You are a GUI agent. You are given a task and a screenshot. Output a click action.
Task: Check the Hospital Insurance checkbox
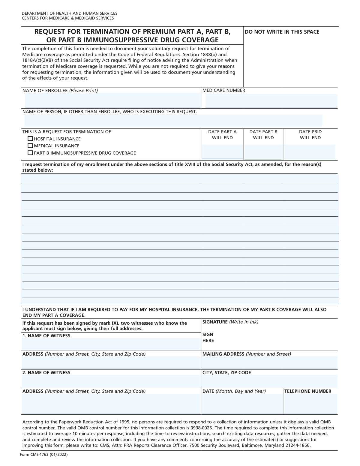pyautogui.click(x=30, y=139)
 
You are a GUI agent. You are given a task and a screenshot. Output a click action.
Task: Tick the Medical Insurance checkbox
pyautogui.click(x=30, y=146)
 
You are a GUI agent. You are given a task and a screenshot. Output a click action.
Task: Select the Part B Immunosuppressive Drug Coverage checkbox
pyautogui.click(x=30, y=153)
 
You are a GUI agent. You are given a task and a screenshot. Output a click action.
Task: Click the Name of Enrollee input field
pyautogui.click(x=112, y=100)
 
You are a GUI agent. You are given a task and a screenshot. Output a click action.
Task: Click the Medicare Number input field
pyautogui.click(x=271, y=101)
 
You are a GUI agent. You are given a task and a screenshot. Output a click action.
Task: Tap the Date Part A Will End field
pyautogui.click(x=222, y=152)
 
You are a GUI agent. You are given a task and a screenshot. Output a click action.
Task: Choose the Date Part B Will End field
pyautogui.click(x=263, y=152)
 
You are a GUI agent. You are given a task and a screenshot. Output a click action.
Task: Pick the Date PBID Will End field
pyautogui.click(x=309, y=152)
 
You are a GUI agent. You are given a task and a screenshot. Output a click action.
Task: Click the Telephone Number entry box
pyautogui.click(x=310, y=404)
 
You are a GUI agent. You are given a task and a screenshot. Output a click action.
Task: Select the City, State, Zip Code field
pyautogui.click(x=269, y=381)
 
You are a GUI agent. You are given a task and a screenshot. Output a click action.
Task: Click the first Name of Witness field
pyautogui.click(x=111, y=344)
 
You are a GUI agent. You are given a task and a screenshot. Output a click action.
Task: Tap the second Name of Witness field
pyautogui.click(x=111, y=381)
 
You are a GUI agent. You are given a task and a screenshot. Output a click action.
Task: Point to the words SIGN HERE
pyautogui.click(x=208, y=338)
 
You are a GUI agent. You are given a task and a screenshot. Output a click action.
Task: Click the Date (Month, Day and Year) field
pyautogui.click(x=242, y=404)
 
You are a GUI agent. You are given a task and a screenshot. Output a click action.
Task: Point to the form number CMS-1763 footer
pyautogui.click(x=44, y=455)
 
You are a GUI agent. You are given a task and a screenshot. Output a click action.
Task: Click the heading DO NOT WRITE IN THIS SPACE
pyautogui.click(x=282, y=32)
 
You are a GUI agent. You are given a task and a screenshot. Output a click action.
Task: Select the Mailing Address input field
pyautogui.click(x=269, y=362)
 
